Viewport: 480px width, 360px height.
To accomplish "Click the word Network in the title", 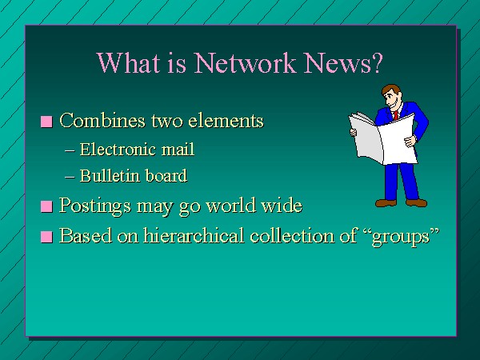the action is pos(246,62).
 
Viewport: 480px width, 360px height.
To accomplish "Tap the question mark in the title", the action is pos(377,62).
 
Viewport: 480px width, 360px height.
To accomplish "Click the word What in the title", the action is pos(129,62).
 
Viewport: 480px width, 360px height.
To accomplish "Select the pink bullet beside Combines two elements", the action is pos(46,122).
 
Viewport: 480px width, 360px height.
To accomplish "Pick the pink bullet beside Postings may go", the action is pos(46,206).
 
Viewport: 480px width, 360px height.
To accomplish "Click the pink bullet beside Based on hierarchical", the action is pos(46,237).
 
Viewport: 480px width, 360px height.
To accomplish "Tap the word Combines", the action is pos(102,120).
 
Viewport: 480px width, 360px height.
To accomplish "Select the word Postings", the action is pos(95,206).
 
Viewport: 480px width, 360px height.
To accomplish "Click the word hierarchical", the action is pos(194,235).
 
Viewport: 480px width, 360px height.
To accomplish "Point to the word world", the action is pos(231,205).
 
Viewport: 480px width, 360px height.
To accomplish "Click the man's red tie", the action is pos(396,115).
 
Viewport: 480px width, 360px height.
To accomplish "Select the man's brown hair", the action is pos(391,90).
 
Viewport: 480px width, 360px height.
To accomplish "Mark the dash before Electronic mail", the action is pos(70,150).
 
